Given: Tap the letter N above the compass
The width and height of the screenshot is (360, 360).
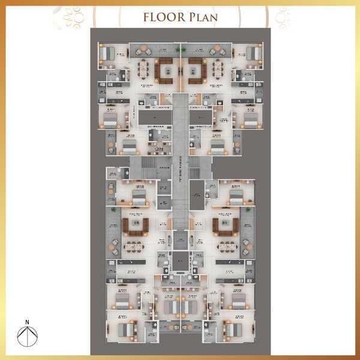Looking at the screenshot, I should tap(27, 322).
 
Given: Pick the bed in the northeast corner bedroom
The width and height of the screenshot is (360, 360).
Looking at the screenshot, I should tap(254, 53).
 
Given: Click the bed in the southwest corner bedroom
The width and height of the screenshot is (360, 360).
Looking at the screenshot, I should tap(125, 329).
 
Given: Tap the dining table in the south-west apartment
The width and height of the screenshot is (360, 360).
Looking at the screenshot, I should tap(134, 246).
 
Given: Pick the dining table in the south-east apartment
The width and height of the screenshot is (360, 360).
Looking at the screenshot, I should tap(226, 246).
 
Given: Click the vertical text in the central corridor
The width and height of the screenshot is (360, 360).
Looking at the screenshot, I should tap(180, 164).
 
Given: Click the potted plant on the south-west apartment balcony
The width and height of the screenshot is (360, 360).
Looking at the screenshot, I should tap(114, 242).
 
